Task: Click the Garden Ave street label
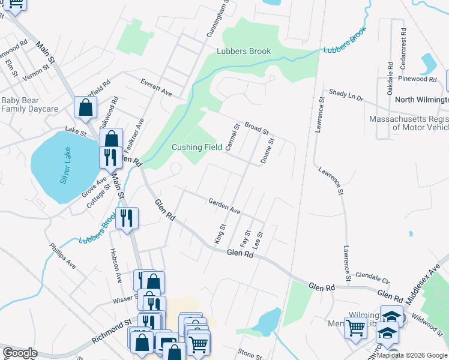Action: (224, 207)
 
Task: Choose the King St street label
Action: (220, 233)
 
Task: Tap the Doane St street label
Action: (267, 151)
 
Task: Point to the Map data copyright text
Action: (412, 355)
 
